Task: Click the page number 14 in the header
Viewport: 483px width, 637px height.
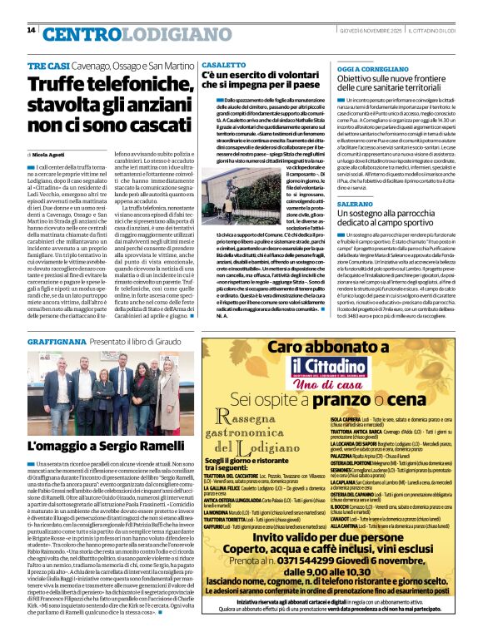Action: tap(31, 30)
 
